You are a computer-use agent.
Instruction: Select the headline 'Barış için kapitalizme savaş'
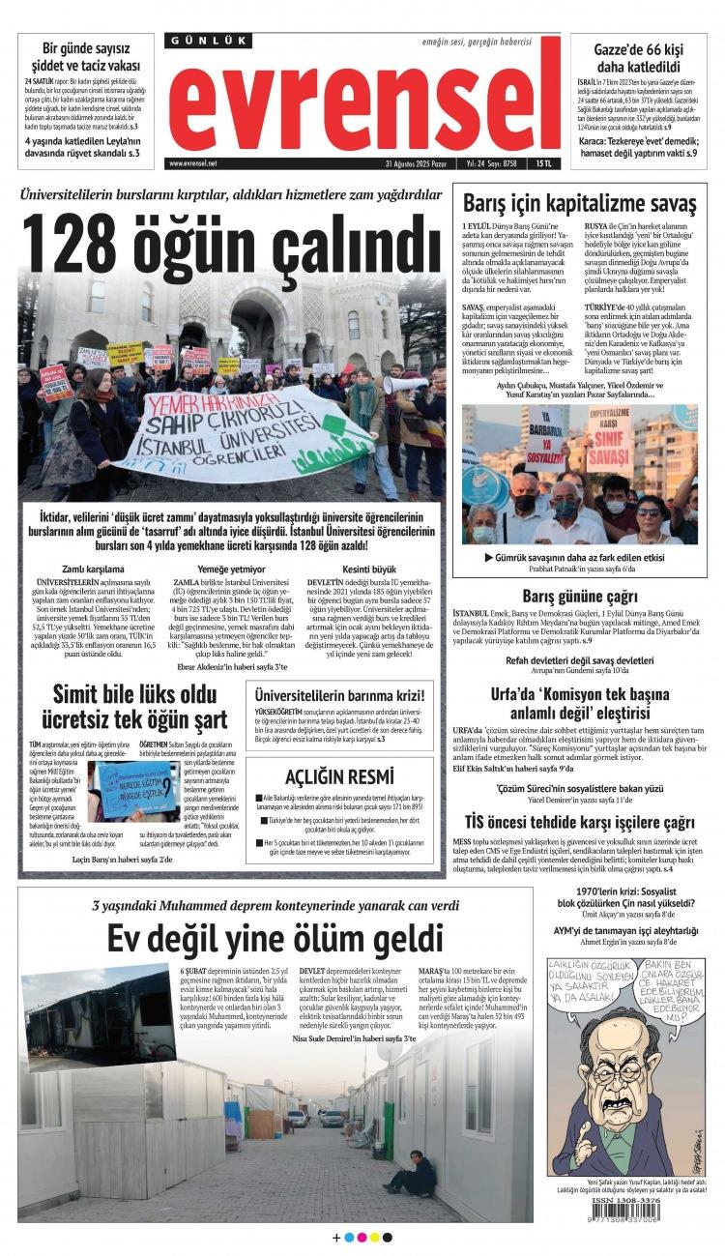coord(579,204)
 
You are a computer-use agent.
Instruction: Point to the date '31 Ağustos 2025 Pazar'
coord(420,163)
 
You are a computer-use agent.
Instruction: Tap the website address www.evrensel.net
coord(193,163)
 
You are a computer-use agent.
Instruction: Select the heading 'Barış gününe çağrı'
coord(579,596)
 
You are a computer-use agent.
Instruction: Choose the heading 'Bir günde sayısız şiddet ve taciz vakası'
coord(85,57)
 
